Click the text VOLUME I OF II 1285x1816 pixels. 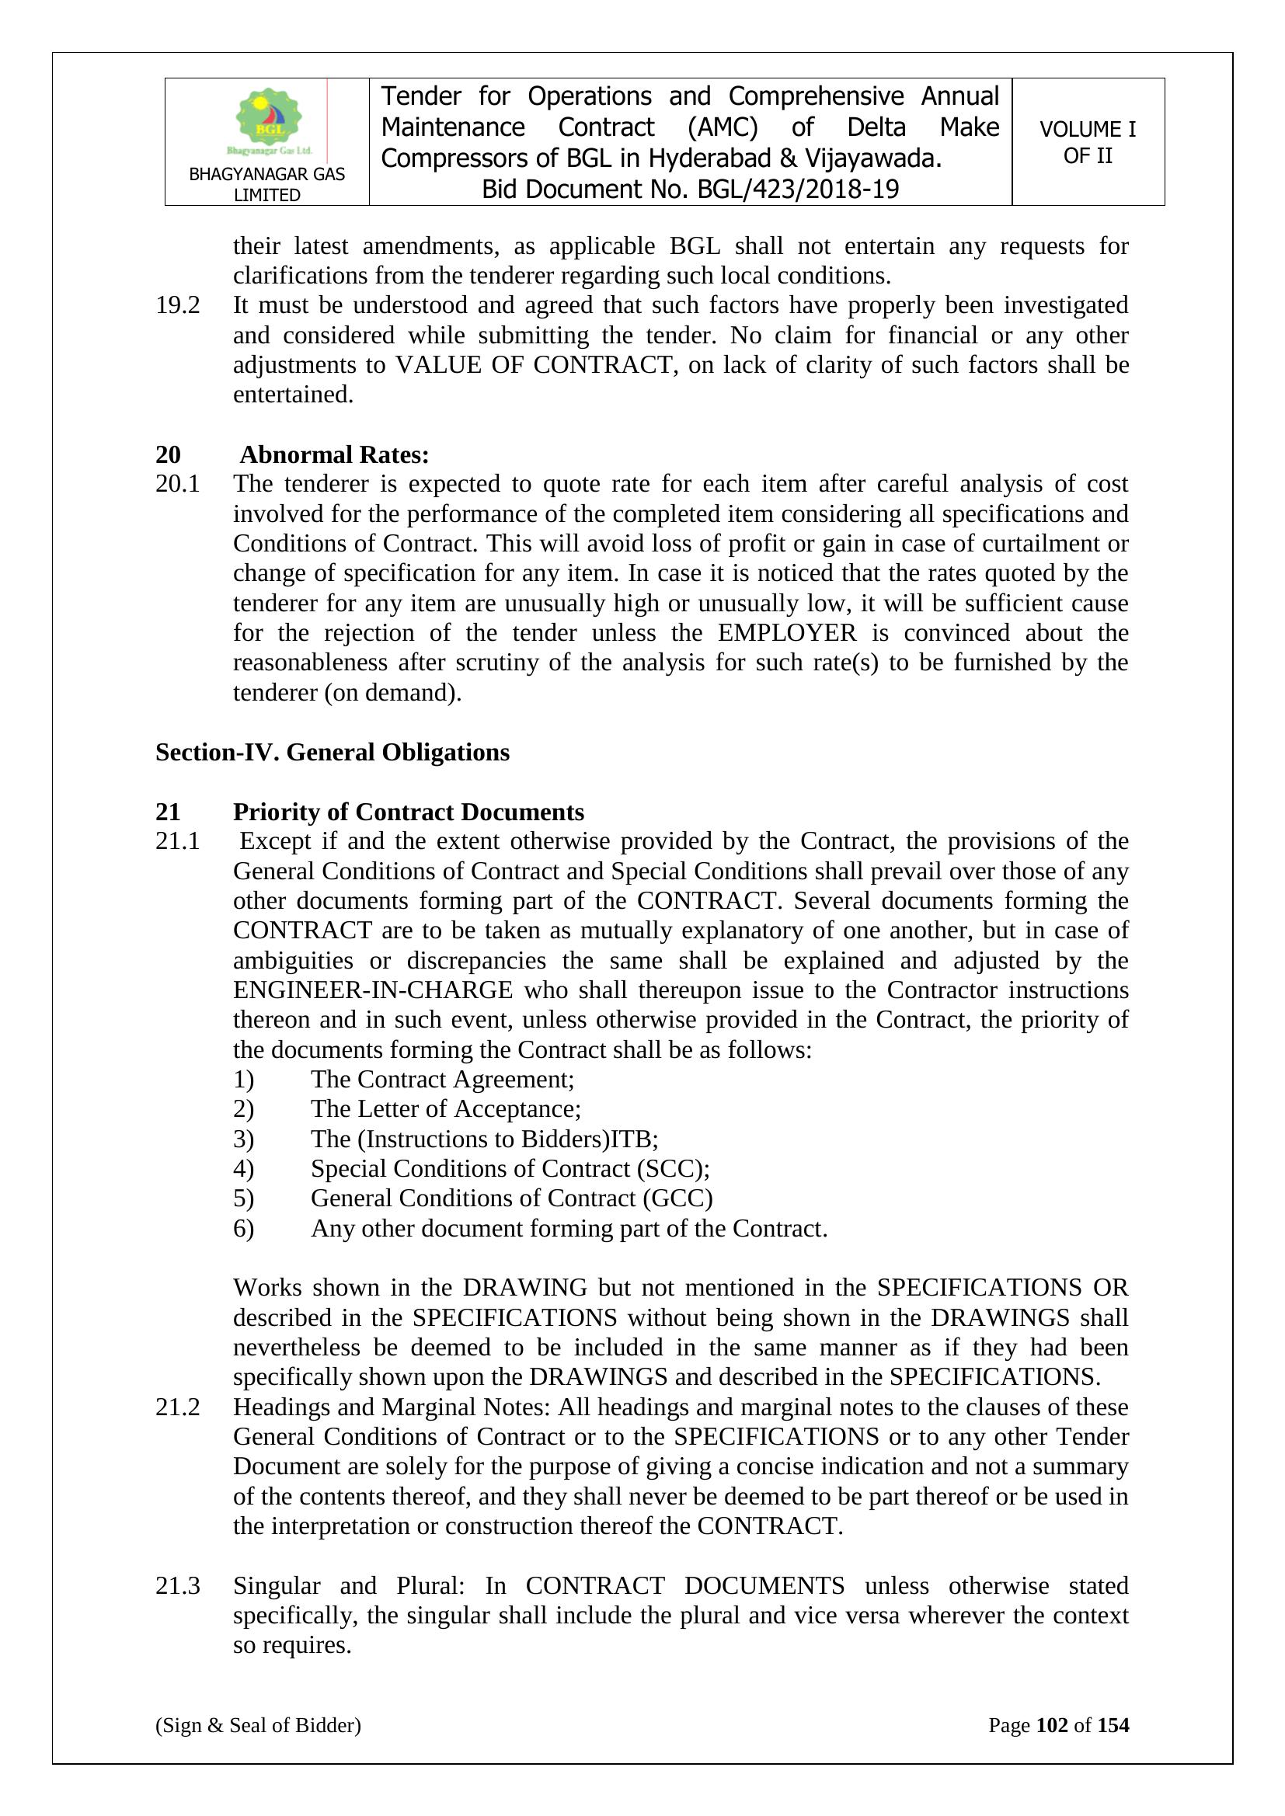click(1087, 142)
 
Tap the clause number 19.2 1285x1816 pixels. click(177, 305)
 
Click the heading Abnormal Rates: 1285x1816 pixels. click(334, 455)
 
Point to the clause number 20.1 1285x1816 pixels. click(177, 484)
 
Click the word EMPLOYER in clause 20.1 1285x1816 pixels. click(787, 633)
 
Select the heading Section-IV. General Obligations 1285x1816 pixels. click(333, 751)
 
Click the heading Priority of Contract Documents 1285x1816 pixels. click(409, 812)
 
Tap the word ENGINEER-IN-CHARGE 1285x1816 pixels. click(373, 990)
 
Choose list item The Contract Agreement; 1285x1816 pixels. click(442, 1080)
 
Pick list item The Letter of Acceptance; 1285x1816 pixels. click(445, 1109)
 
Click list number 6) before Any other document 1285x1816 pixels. click(244, 1228)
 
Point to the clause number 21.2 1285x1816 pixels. click(177, 1407)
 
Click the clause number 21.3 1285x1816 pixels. click(177, 1586)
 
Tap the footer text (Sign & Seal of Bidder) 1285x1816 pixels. click(258, 1725)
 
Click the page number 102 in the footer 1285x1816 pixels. click(1052, 1725)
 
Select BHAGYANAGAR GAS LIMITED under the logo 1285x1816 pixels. click(266, 184)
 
